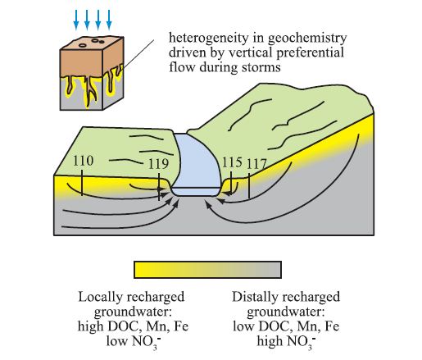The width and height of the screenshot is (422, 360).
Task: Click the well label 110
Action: (84, 161)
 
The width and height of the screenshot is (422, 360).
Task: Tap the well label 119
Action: (159, 164)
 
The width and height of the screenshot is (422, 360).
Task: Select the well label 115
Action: (232, 162)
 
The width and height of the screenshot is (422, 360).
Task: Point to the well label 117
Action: (256, 164)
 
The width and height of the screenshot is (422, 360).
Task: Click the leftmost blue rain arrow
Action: (76, 20)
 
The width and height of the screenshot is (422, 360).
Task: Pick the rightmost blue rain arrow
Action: (109, 20)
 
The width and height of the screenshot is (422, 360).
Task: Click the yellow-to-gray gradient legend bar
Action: (207, 270)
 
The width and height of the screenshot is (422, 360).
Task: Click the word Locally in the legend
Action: (100, 298)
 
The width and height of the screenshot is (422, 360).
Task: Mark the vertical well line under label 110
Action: (82, 183)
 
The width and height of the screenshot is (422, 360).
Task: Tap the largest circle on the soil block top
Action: (84, 45)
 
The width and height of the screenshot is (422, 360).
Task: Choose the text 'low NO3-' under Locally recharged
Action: (133, 342)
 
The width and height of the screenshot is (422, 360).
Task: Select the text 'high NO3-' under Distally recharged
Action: (286, 342)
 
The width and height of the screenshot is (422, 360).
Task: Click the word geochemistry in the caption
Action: (307, 39)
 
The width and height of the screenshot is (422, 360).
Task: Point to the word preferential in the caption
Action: (310, 52)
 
